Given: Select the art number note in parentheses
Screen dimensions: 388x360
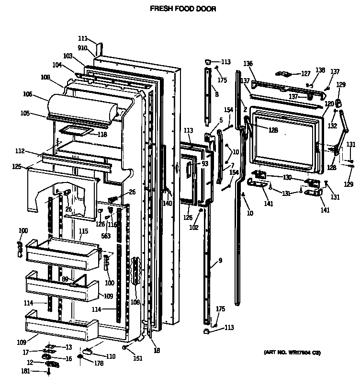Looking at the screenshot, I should click(292, 353).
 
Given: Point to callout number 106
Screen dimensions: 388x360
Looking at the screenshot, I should click(27, 95).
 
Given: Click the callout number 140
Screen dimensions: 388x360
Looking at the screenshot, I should click(167, 203).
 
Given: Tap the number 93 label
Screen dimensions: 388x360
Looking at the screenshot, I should click(205, 164).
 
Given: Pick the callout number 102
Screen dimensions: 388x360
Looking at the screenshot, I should click(193, 228).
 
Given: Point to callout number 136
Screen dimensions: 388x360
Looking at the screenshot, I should click(247, 63).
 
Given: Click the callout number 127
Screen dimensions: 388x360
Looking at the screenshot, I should click(305, 74).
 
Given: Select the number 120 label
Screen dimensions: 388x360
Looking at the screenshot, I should click(329, 103).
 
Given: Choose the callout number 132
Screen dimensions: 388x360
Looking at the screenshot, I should click(332, 126).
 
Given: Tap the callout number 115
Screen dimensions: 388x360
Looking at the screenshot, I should click(83, 231).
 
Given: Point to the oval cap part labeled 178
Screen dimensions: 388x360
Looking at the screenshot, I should click(87, 352).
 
